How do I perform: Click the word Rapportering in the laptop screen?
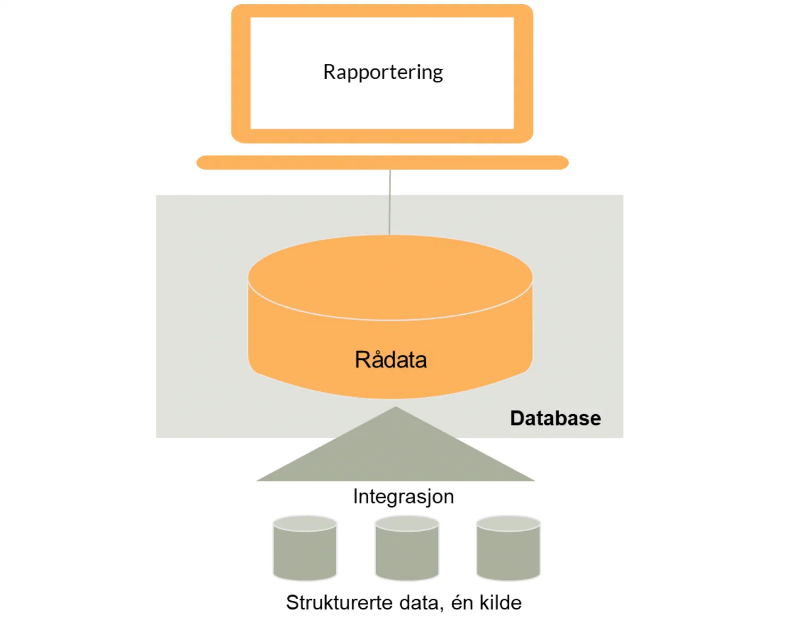click(x=383, y=72)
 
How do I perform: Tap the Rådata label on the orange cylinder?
click(x=391, y=360)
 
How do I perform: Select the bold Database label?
click(x=555, y=418)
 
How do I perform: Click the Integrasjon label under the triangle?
click(x=403, y=496)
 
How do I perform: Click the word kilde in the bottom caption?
click(x=500, y=602)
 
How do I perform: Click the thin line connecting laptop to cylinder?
click(x=389, y=202)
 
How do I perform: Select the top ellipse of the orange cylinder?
click(x=390, y=277)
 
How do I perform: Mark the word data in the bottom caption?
click(x=418, y=602)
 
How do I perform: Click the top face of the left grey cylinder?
click(x=305, y=523)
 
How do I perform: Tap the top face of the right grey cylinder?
click(x=508, y=523)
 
